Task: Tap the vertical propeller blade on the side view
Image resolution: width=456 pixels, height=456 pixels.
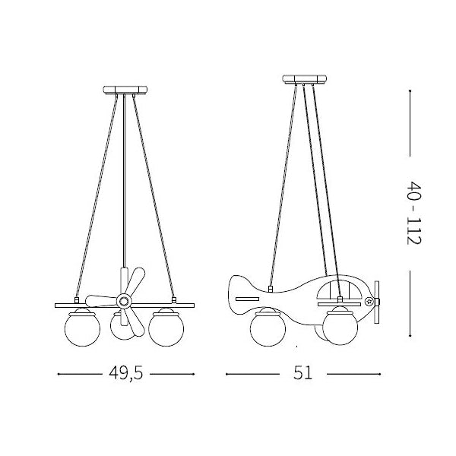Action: [378, 302]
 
